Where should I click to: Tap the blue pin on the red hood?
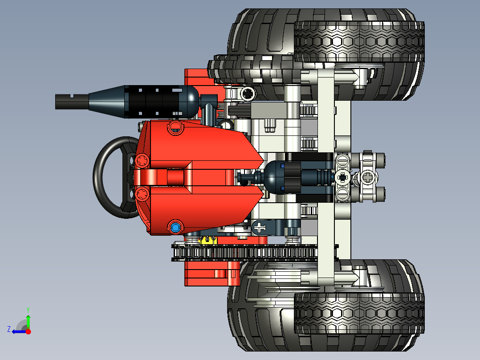(175, 228)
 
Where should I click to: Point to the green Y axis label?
(28, 309)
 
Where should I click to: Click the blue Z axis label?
(9, 329)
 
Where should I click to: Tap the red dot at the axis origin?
(28, 331)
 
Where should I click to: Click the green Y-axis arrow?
(28, 322)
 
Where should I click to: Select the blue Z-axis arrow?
(19, 331)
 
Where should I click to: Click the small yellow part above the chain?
(207, 240)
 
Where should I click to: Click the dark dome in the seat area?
(273, 177)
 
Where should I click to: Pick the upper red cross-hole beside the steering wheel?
(142, 160)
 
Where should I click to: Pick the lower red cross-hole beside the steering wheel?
(142, 193)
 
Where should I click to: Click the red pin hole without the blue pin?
(175, 128)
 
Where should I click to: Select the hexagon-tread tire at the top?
(359, 41)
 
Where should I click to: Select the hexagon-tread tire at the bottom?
(359, 313)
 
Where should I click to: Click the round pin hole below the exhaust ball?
(247, 94)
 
